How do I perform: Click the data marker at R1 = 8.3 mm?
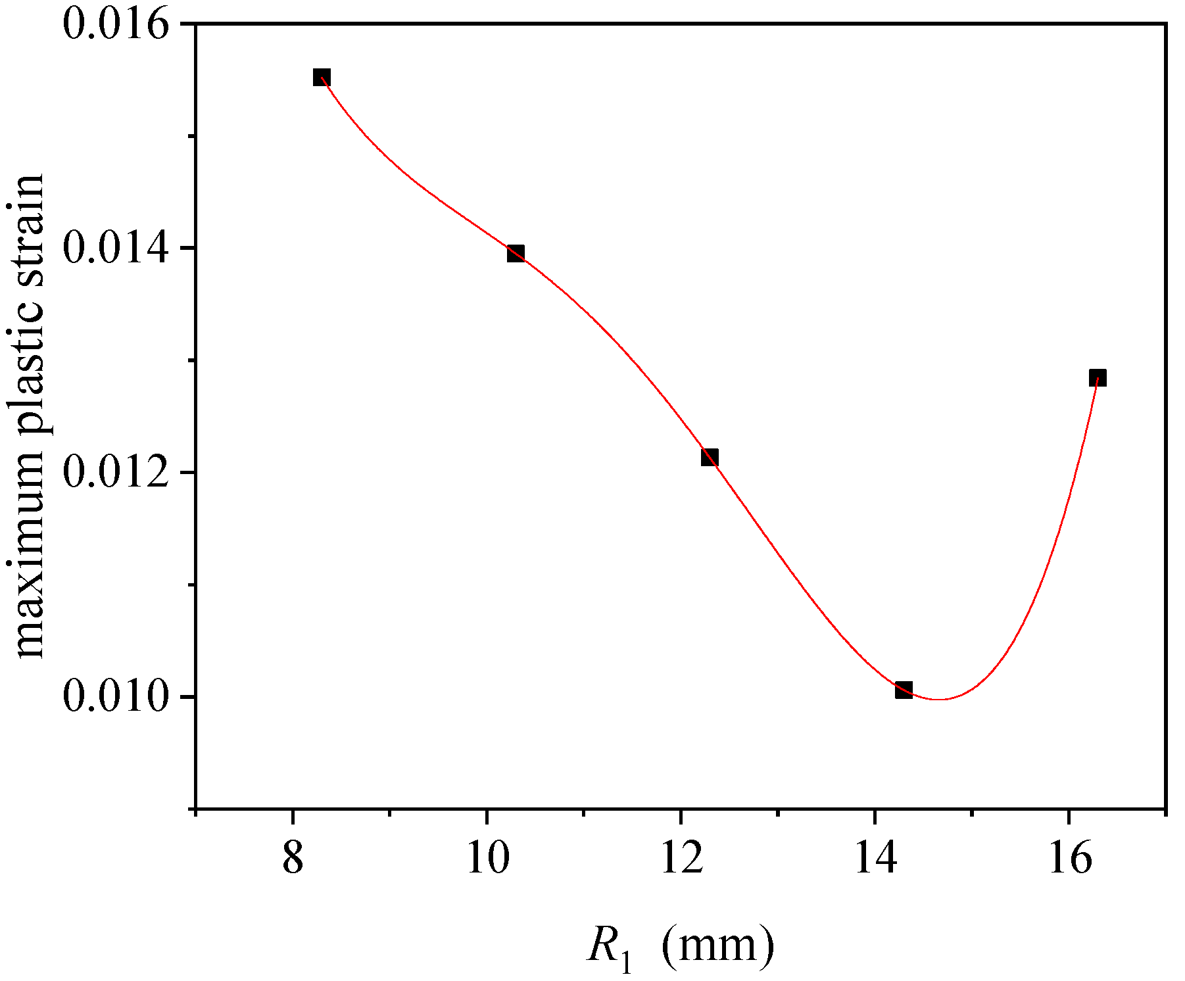click(321, 78)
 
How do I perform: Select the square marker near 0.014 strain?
click(516, 253)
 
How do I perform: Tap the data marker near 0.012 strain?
click(710, 457)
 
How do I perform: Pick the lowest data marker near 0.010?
click(904, 690)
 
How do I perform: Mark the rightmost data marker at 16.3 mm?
click(1098, 377)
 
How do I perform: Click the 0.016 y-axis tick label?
click(112, 24)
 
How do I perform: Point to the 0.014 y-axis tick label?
click(112, 249)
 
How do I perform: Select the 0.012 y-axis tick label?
click(112, 473)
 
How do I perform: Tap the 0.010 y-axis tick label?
click(112, 697)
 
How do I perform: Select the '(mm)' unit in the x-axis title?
click(717, 947)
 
